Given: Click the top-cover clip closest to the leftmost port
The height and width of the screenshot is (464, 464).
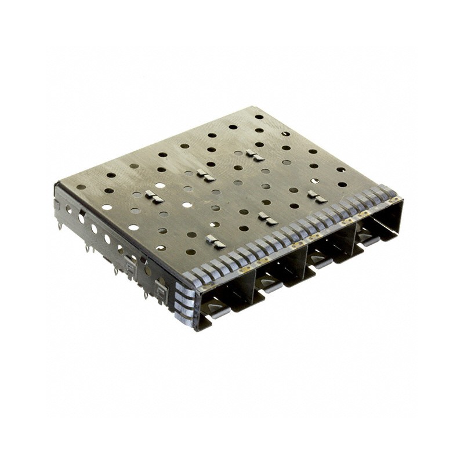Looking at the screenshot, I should pos(215,242).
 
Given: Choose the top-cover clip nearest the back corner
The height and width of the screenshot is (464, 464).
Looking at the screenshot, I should pos(254,155).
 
